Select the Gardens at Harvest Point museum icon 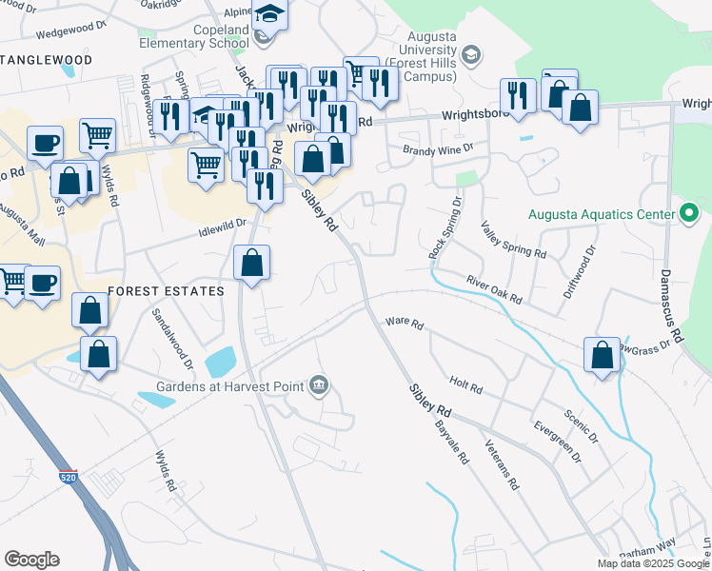click(319, 385)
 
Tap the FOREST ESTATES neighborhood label click(166, 290)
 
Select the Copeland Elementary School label click(194, 36)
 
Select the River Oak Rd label click(494, 290)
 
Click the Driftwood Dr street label click(580, 273)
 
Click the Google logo click(31, 560)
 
